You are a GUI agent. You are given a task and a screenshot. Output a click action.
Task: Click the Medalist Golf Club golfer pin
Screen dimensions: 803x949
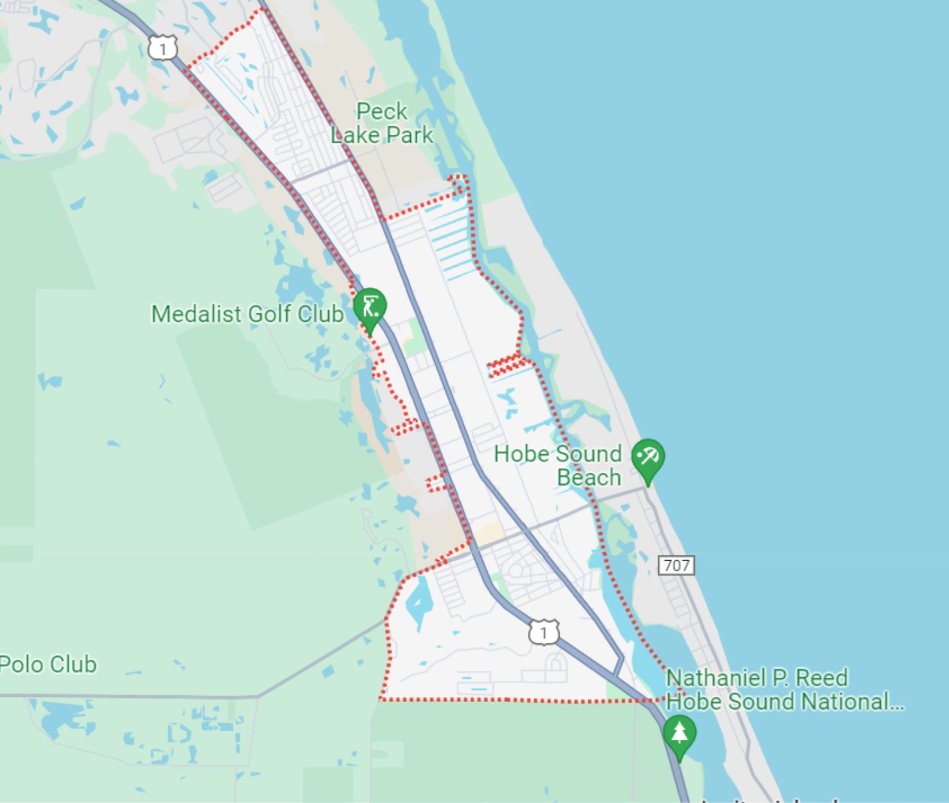(370, 307)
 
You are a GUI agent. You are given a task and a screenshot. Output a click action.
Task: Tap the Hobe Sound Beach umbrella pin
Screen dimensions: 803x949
(648, 457)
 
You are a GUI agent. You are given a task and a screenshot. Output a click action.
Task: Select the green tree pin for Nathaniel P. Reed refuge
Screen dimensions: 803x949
(680, 733)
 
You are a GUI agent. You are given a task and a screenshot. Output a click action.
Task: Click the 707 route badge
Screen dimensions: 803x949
(676, 565)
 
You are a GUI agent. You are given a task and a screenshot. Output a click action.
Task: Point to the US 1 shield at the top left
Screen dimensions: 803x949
(163, 48)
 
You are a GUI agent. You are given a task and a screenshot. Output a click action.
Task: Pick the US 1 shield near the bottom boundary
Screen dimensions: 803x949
(544, 632)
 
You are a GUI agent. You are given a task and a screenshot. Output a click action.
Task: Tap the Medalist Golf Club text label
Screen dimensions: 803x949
(247, 314)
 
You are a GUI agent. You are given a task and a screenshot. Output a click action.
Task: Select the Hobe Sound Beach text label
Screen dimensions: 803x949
(559, 465)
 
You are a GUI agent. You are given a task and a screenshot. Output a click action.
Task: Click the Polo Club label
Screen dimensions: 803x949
(48, 665)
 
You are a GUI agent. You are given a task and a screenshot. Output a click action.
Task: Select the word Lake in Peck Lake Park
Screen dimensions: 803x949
(356, 135)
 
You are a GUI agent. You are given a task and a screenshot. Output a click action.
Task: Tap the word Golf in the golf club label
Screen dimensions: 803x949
(269, 314)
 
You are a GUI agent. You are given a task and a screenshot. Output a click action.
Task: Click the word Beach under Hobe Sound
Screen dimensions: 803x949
(589, 478)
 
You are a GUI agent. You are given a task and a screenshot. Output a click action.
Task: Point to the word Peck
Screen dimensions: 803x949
(382, 111)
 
